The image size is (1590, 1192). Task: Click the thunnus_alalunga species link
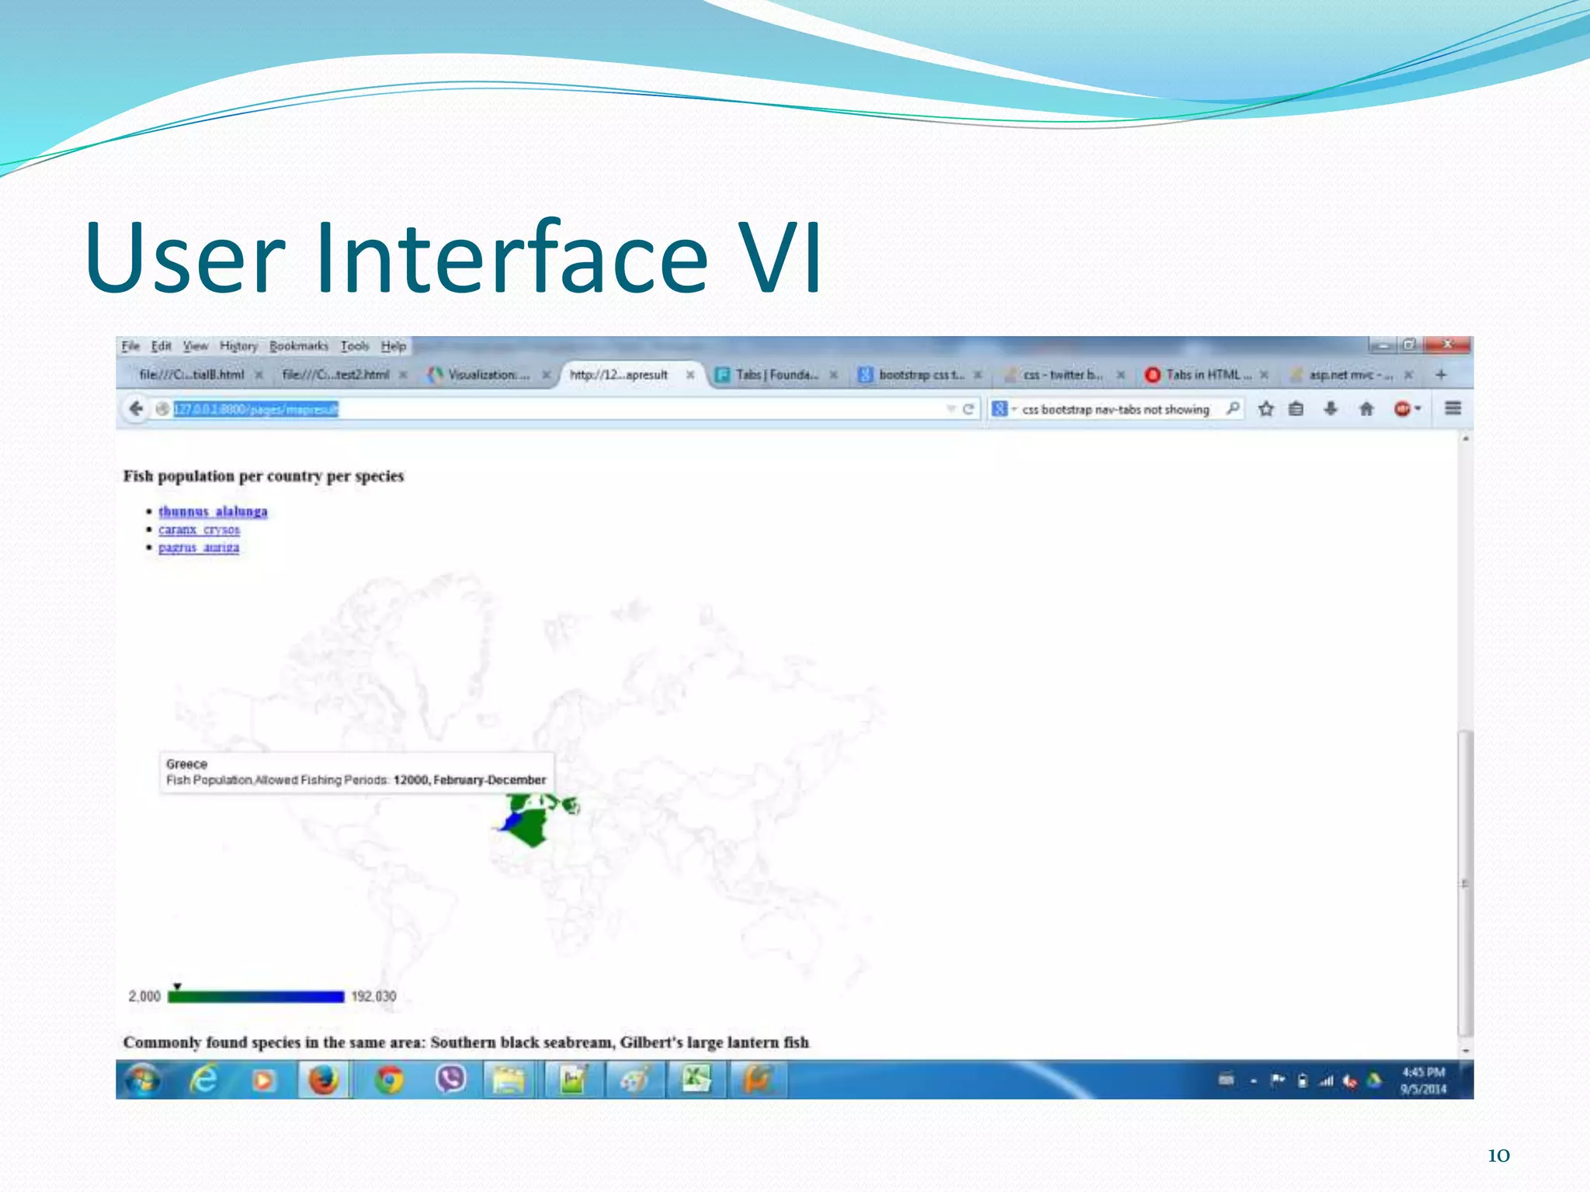(213, 511)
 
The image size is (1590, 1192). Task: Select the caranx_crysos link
(199, 529)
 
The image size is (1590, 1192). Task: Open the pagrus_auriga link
(199, 547)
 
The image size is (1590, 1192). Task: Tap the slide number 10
(1498, 1156)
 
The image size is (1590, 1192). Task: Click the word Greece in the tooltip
(186, 764)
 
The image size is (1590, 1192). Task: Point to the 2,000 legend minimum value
(144, 996)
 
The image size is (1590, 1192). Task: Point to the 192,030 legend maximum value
(373, 996)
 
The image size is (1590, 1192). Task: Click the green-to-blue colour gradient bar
(256, 997)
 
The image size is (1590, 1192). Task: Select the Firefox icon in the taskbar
(323, 1079)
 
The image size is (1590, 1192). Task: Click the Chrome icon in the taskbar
(388, 1079)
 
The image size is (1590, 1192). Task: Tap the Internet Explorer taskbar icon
(203, 1079)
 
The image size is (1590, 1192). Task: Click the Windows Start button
(142, 1079)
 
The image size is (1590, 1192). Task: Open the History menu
(238, 346)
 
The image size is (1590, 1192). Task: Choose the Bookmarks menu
(299, 346)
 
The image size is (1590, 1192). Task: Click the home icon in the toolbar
(1366, 409)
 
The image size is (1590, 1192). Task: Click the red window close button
(1448, 344)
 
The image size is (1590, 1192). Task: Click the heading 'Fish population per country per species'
(264, 476)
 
